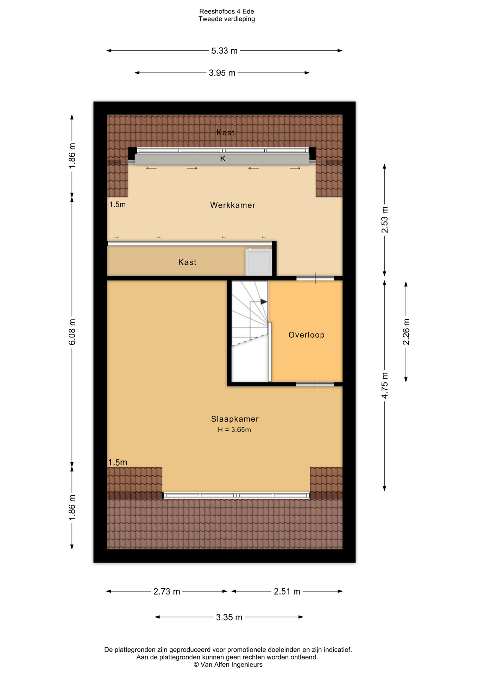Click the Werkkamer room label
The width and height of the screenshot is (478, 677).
[x=233, y=205]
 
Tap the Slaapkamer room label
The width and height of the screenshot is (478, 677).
[x=235, y=419]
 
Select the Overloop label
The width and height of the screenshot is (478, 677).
[x=306, y=335]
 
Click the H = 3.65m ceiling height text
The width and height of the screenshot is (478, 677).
[x=234, y=429]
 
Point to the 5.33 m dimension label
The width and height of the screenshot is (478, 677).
[x=224, y=51]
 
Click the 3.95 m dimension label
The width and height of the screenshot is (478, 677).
[x=222, y=73]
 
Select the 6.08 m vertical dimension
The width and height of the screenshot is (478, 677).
[x=72, y=332]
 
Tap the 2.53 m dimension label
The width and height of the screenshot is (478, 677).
[x=385, y=220]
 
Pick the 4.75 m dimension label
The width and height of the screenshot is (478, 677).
[x=385, y=385]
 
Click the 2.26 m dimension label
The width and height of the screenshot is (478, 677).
[x=406, y=332]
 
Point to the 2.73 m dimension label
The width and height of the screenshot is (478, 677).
[x=167, y=591]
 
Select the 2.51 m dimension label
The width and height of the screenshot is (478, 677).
[x=287, y=591]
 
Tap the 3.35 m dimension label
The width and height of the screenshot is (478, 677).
[x=229, y=617]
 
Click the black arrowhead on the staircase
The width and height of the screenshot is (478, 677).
[x=264, y=302]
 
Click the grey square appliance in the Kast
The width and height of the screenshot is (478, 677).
[x=259, y=262]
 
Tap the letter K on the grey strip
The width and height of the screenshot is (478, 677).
[x=223, y=159]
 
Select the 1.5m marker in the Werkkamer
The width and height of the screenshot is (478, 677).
[x=118, y=205]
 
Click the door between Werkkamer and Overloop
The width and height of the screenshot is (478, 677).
[x=315, y=278]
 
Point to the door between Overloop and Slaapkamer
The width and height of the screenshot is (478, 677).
[x=315, y=384]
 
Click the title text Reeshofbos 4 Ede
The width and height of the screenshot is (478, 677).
[x=227, y=12]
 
